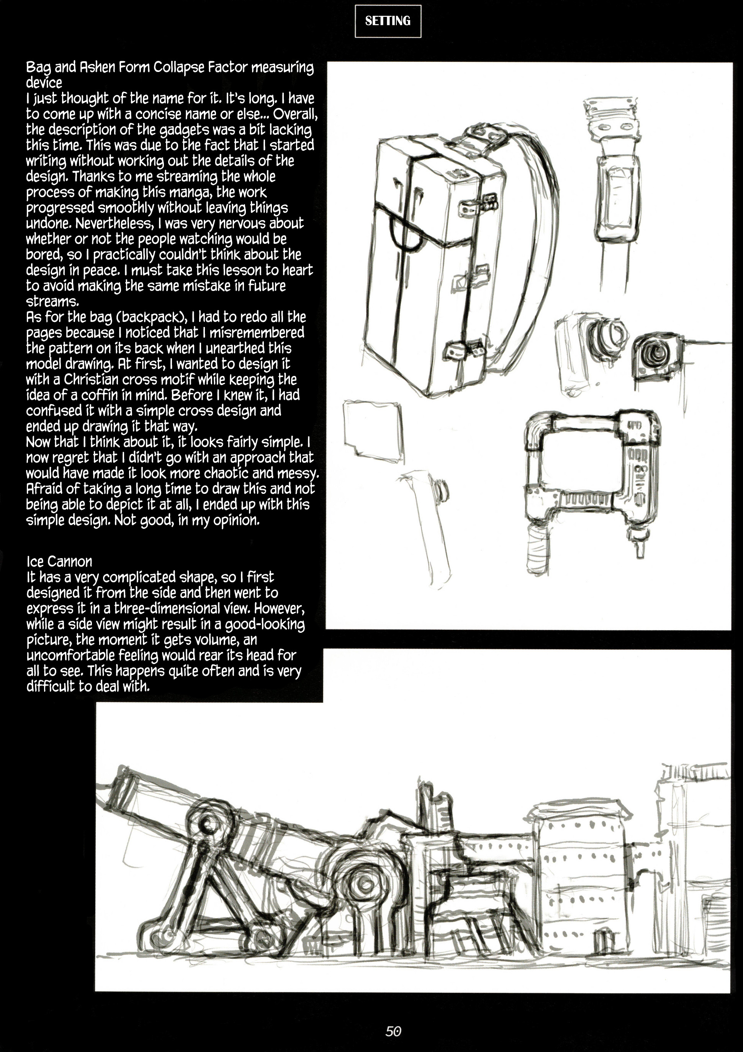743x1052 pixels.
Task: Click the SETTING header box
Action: [x=388, y=21]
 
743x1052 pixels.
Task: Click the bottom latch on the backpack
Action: [x=464, y=349]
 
